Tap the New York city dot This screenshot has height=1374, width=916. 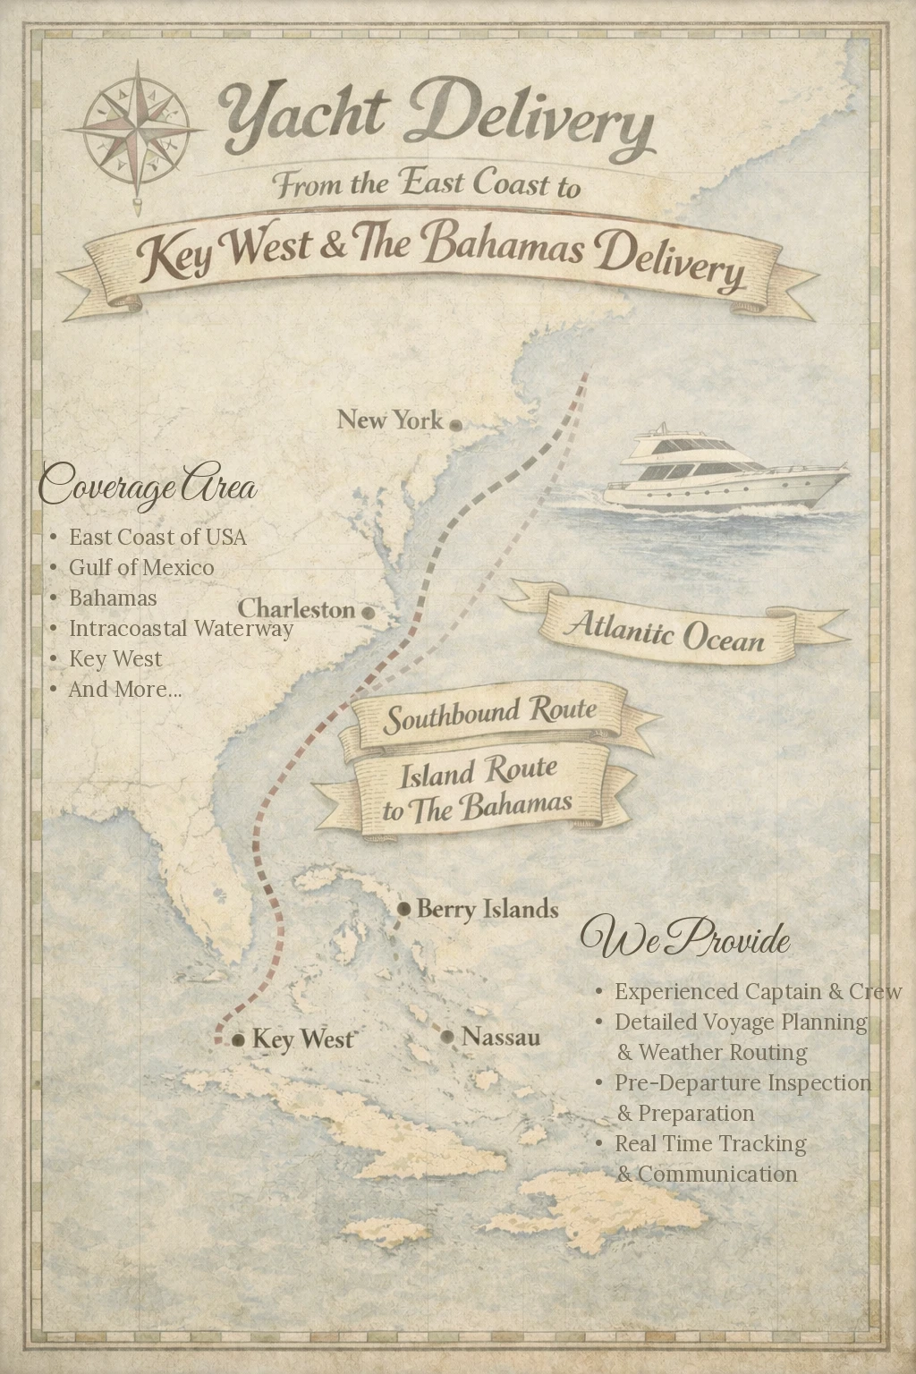pos(455,425)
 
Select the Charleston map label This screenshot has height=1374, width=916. pos(296,609)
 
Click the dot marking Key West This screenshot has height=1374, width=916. pos(239,1040)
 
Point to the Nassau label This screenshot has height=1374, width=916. pos(501,1038)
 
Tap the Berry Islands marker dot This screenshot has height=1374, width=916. pos(404,910)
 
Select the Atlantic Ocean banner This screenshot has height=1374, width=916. pos(665,630)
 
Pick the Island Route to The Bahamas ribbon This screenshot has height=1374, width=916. pos(476,789)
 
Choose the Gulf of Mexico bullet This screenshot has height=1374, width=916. pos(141,567)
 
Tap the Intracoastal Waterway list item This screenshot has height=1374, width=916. pos(181,628)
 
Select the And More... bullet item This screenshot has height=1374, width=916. pos(125,689)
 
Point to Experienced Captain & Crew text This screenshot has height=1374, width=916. pos(758,991)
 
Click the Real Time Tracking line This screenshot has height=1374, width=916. pos(710,1143)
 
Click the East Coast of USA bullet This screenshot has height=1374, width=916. pos(157,537)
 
